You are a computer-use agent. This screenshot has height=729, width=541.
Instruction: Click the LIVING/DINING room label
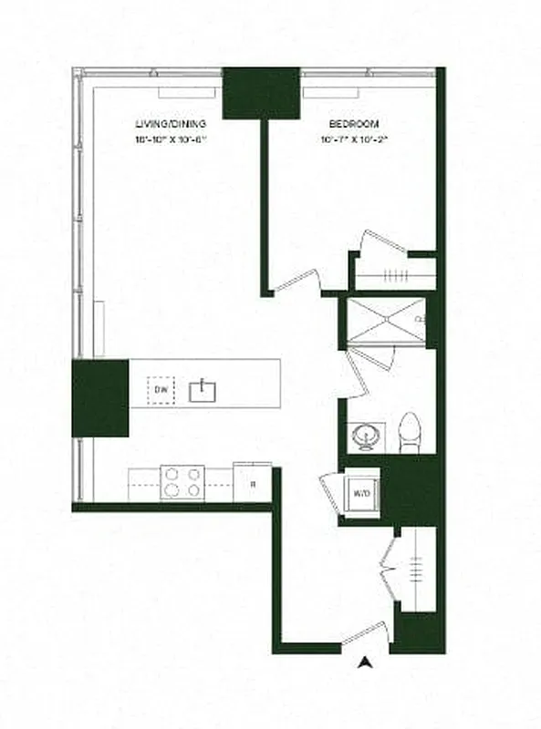coord(170,124)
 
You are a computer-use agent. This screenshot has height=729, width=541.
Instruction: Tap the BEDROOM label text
coord(354,124)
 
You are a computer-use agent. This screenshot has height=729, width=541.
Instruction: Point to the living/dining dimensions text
coord(170,139)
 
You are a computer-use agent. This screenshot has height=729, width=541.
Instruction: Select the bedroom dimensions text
coord(354,139)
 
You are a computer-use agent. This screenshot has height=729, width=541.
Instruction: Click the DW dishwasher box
coord(162,391)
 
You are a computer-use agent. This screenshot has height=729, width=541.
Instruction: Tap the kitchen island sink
coord(201,391)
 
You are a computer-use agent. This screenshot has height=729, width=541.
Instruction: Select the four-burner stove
coord(182,481)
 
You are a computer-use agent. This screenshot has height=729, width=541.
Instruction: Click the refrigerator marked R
coord(252,483)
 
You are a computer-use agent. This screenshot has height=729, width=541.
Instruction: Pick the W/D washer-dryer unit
coord(361,494)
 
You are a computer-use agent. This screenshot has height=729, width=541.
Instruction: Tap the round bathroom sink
coord(369,436)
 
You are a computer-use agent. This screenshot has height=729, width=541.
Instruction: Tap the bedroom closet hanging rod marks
coord(395,275)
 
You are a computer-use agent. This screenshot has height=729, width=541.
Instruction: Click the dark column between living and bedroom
coord(263,93)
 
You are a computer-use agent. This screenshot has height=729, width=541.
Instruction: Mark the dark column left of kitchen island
coord(100,397)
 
